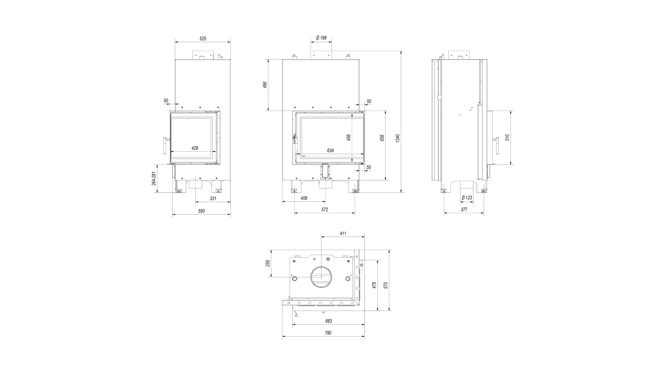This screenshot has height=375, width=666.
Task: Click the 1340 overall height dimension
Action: pos(398,138)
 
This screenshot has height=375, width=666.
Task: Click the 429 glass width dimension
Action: pos(195,148)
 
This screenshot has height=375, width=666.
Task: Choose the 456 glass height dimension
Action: pos(348,137)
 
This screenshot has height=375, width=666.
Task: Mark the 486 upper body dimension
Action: pos(265,85)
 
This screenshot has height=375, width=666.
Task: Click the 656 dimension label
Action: pos(382,138)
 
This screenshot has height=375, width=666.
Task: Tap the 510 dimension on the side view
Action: pos(507,137)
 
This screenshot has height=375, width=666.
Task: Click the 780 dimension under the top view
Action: pos(328,333)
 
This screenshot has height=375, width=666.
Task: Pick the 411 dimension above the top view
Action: pos(343,233)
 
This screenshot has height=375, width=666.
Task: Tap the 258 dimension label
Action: pos(268,263)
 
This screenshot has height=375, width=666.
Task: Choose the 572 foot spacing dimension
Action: pos(325,210)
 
